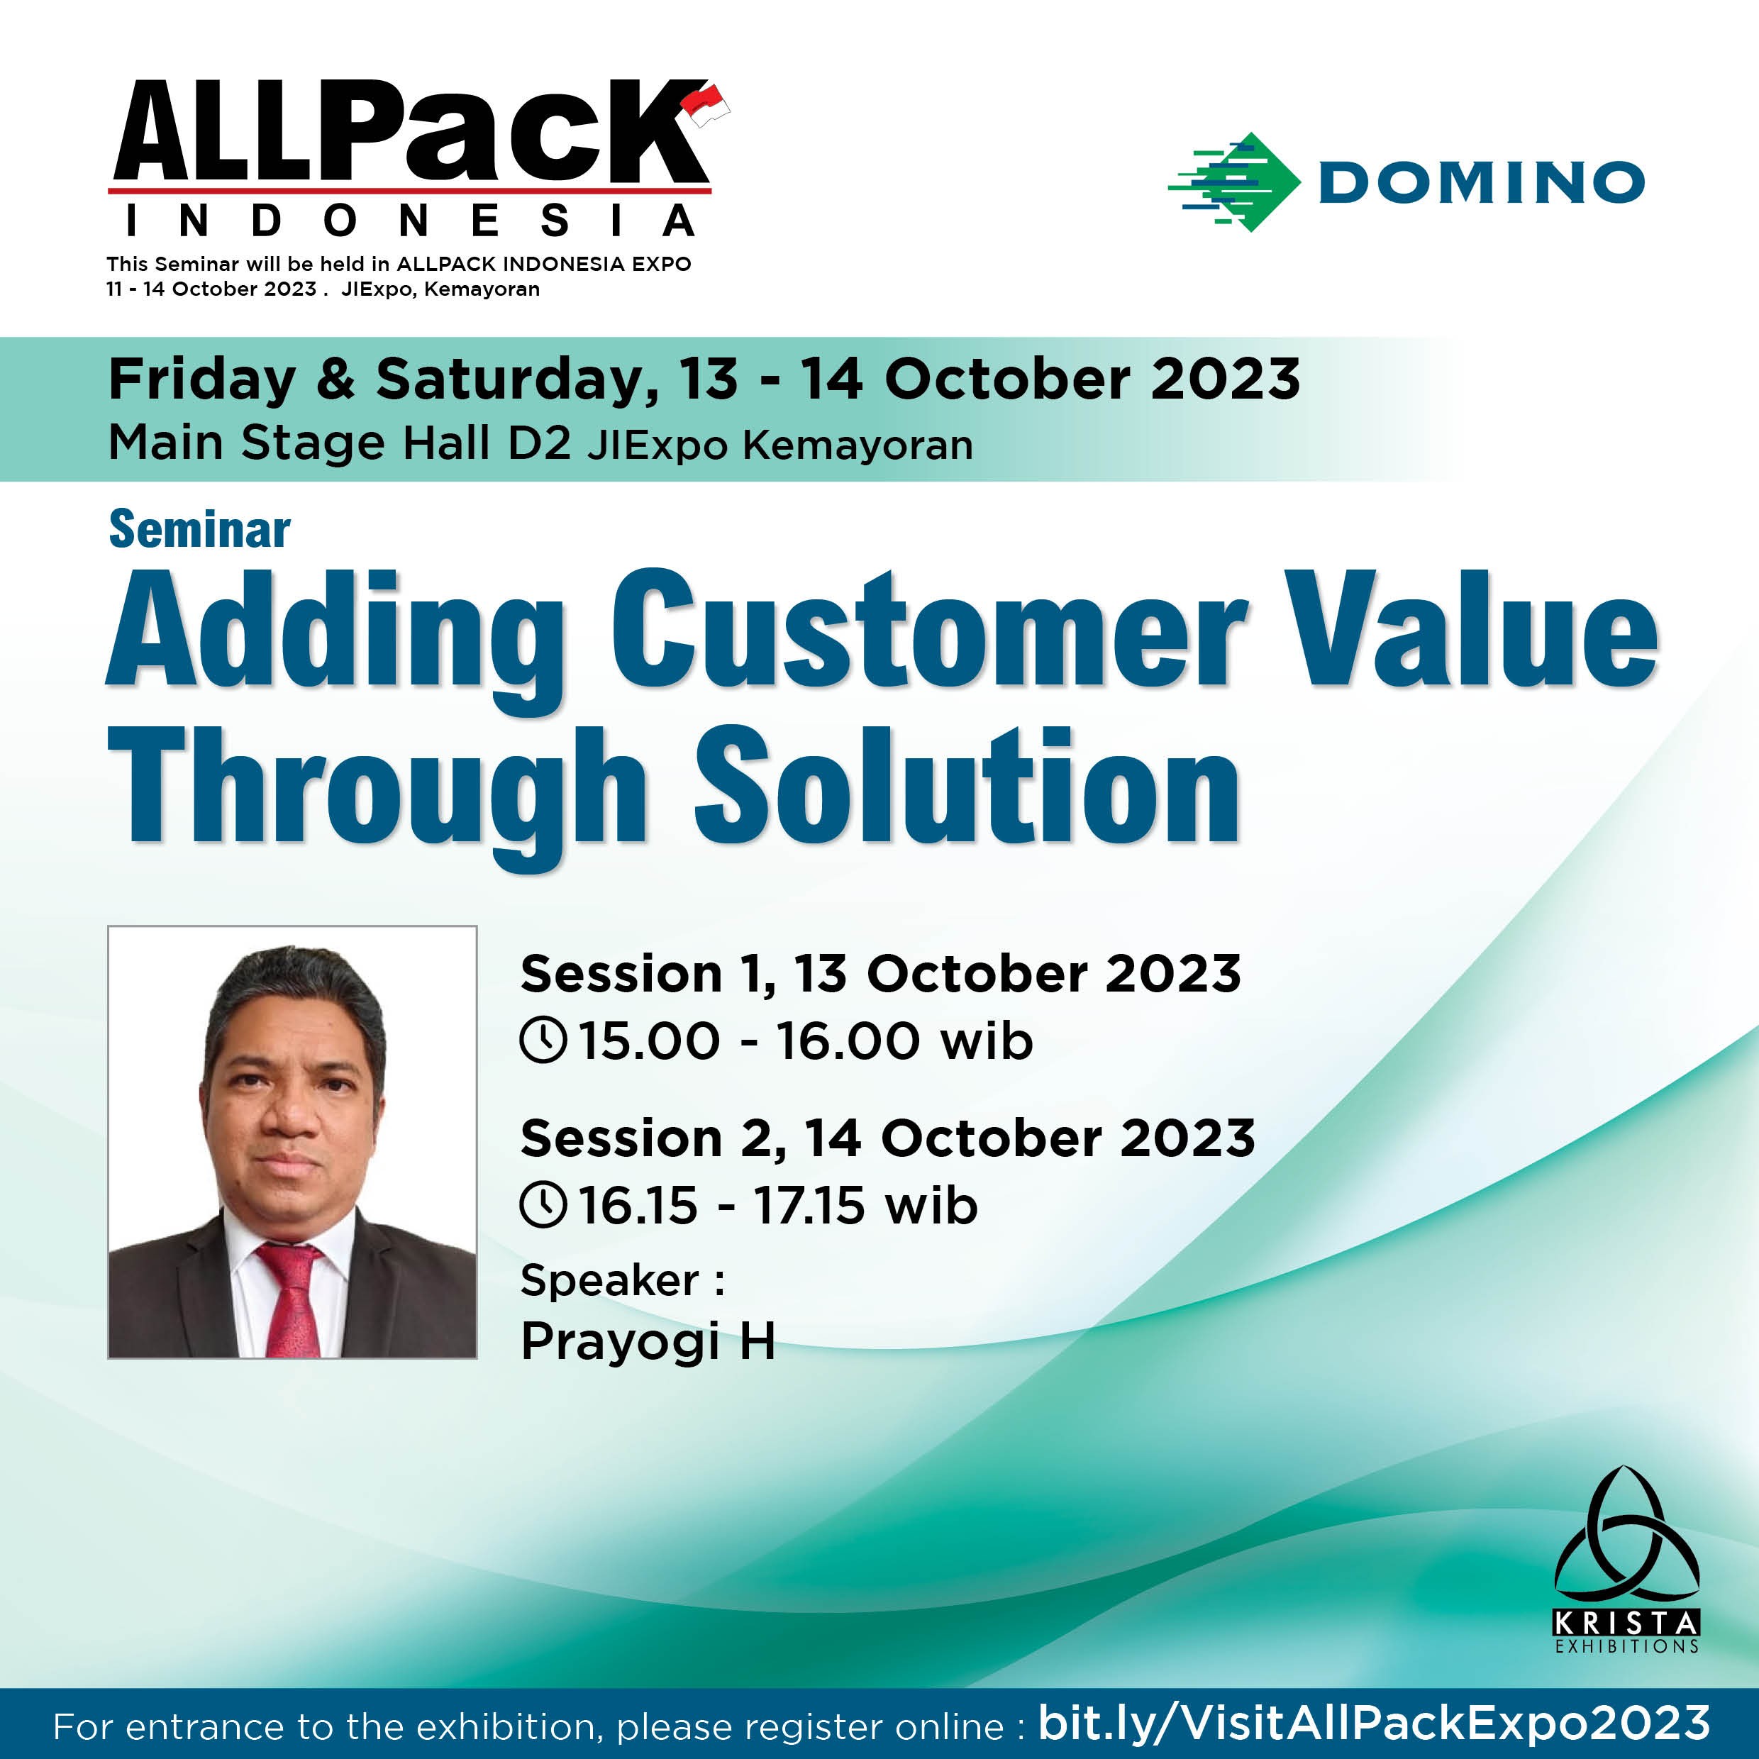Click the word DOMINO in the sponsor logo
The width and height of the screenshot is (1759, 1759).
point(1481,182)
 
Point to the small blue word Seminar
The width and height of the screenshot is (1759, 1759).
point(199,530)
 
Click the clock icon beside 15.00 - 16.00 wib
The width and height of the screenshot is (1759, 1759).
point(543,1040)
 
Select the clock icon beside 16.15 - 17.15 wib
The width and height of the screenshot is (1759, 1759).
point(543,1204)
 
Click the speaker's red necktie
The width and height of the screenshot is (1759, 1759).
point(290,1298)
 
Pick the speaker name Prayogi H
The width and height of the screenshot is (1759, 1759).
point(648,1342)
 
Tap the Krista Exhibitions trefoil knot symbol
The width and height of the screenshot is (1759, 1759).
point(1626,1548)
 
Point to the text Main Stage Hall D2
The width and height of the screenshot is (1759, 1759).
point(340,443)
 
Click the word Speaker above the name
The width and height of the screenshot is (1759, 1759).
point(610,1280)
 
